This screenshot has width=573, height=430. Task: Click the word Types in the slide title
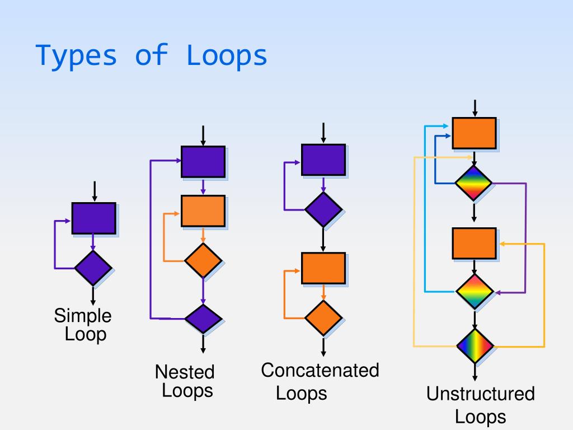(x=77, y=55)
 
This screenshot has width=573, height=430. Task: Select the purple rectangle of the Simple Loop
(x=93, y=218)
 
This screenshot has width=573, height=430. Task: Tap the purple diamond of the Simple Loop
(x=93, y=268)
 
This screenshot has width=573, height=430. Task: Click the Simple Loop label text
(x=83, y=325)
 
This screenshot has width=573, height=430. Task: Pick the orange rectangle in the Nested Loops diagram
(x=203, y=211)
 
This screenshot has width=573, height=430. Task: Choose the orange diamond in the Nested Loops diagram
(x=203, y=260)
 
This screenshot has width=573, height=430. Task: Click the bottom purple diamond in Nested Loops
(x=203, y=319)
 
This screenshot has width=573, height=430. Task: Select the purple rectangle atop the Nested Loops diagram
(x=203, y=162)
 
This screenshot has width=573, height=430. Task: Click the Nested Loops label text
(x=185, y=381)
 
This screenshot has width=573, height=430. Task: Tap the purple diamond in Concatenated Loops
(x=323, y=209)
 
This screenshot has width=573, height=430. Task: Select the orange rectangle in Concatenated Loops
(x=323, y=268)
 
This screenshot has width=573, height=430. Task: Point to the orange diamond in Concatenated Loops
(x=323, y=318)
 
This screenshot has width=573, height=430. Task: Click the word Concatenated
(x=320, y=370)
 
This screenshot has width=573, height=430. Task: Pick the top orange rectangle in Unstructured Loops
(x=474, y=133)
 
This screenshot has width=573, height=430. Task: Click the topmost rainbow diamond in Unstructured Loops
(x=473, y=183)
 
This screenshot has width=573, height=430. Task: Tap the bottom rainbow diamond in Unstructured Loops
(x=475, y=346)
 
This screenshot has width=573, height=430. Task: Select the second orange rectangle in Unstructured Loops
(x=474, y=243)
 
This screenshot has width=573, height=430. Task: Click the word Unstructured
(x=480, y=394)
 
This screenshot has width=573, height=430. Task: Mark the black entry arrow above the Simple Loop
(x=94, y=191)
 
